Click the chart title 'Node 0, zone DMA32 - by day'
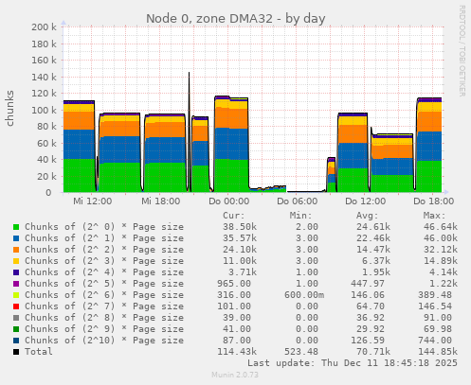point(234,19)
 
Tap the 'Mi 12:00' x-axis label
point(92,201)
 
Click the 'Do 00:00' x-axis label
point(228,201)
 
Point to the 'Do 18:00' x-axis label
point(433,201)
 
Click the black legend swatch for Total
point(16,352)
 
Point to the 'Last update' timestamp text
point(352,363)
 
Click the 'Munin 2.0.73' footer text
point(234,376)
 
